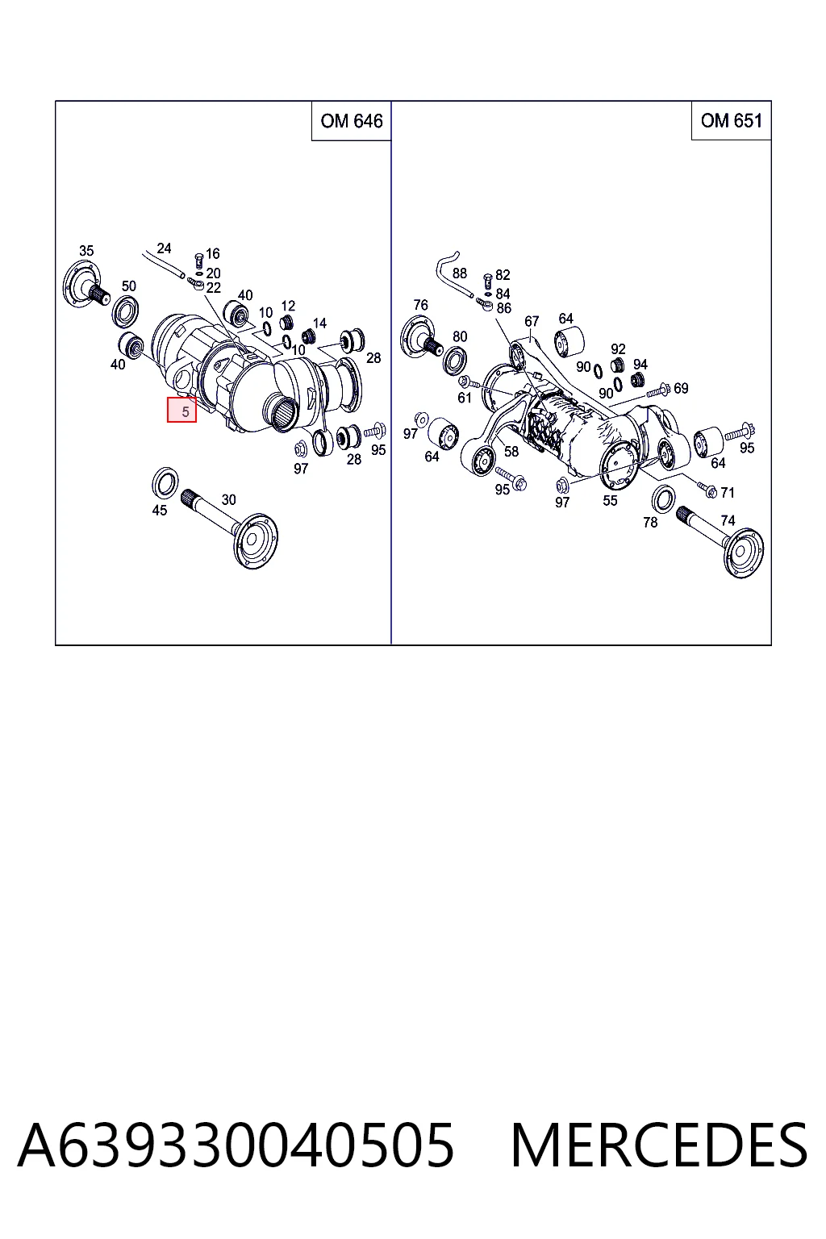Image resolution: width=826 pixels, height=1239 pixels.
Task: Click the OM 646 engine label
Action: (x=352, y=121)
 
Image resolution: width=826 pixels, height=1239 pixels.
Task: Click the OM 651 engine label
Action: (x=732, y=120)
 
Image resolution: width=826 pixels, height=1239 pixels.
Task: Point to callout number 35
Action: (x=86, y=251)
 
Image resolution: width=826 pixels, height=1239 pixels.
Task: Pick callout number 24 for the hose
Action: (x=164, y=248)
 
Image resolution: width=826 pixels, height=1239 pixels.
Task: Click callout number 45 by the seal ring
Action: (x=160, y=510)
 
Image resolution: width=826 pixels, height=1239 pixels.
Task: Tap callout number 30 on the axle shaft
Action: (x=228, y=499)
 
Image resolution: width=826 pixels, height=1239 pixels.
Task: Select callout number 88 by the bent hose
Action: (x=459, y=273)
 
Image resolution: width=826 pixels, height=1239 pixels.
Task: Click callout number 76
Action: (x=420, y=305)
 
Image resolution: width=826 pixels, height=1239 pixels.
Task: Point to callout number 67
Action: (x=531, y=321)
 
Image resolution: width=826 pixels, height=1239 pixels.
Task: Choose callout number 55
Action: (x=610, y=501)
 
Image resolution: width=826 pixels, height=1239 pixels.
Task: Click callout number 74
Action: (x=728, y=520)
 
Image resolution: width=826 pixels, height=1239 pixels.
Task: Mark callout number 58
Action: (x=511, y=452)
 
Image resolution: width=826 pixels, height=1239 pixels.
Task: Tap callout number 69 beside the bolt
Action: (x=681, y=388)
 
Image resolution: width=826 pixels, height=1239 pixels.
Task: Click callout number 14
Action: (x=319, y=323)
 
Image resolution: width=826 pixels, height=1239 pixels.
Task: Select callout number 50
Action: (x=128, y=286)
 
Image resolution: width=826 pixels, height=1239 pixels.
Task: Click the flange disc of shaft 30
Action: (x=255, y=540)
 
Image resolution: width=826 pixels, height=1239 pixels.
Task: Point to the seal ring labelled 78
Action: (x=663, y=499)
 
